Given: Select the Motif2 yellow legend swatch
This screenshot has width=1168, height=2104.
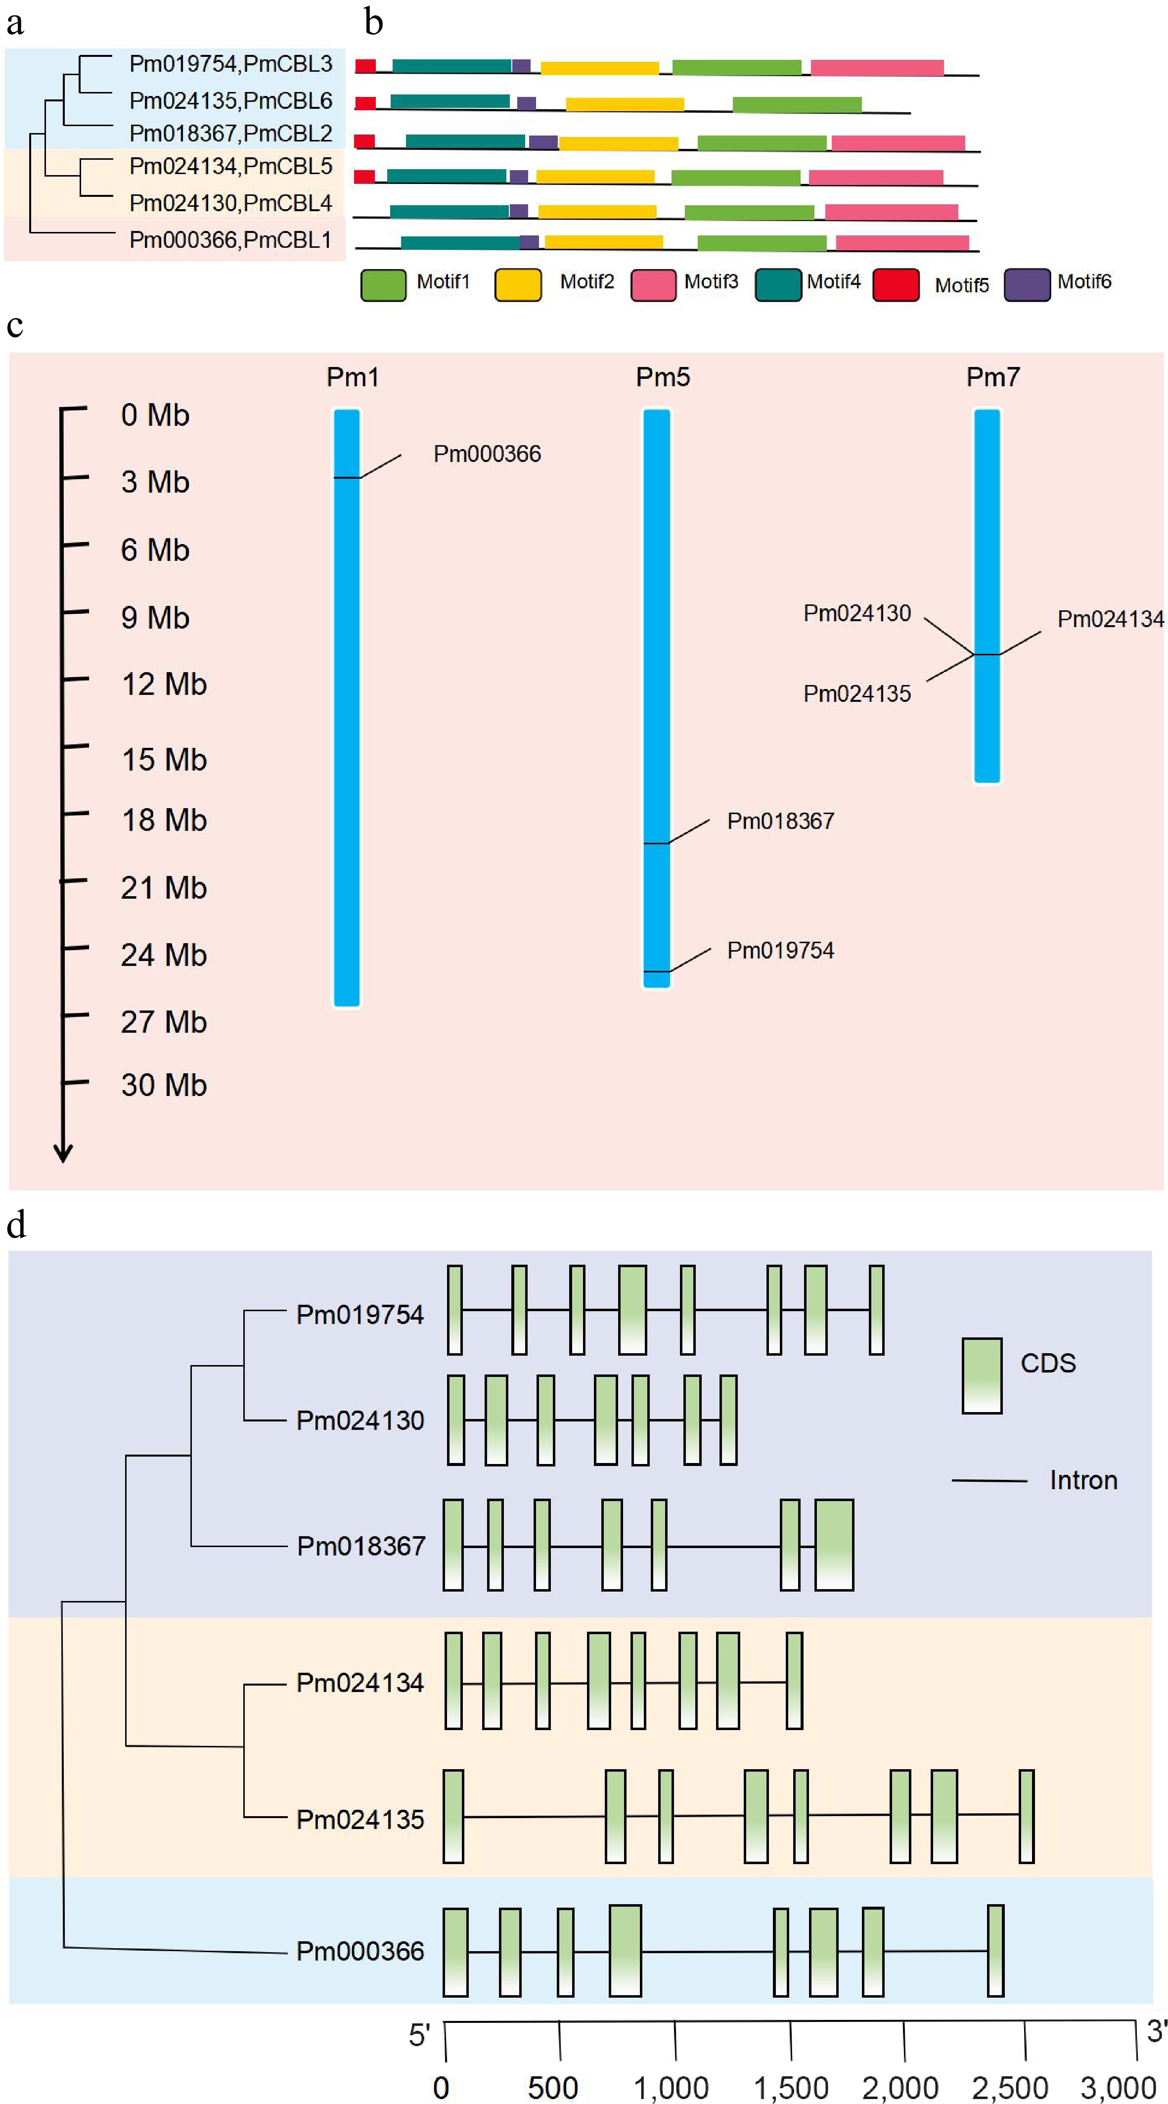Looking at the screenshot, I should pyautogui.click(x=518, y=285).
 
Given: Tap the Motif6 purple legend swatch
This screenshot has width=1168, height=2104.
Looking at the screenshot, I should pyautogui.click(x=1027, y=285).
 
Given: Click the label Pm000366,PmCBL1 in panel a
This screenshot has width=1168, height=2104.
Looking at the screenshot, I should pyautogui.click(x=230, y=240).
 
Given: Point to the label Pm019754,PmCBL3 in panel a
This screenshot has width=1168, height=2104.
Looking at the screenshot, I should pyautogui.click(x=230, y=64).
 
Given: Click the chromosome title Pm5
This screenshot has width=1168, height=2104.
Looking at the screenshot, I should pyautogui.click(x=663, y=377).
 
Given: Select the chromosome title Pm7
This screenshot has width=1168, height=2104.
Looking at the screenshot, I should pyautogui.click(x=992, y=377).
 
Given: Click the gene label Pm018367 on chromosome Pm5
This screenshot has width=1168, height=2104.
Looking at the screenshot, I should pyautogui.click(x=780, y=821).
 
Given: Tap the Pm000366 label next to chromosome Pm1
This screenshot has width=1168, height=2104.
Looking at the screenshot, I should pyautogui.click(x=487, y=454).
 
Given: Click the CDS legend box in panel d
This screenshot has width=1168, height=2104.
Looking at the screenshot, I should pyautogui.click(x=981, y=1375).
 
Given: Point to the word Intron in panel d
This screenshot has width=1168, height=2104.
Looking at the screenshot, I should pyautogui.click(x=1083, y=1480).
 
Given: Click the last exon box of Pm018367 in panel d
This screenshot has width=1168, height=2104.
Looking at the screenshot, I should pyautogui.click(x=834, y=1545).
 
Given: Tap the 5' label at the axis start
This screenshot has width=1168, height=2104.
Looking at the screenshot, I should pyautogui.click(x=419, y=2035).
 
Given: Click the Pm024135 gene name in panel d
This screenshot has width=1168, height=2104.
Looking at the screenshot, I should pyautogui.click(x=359, y=1819).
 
